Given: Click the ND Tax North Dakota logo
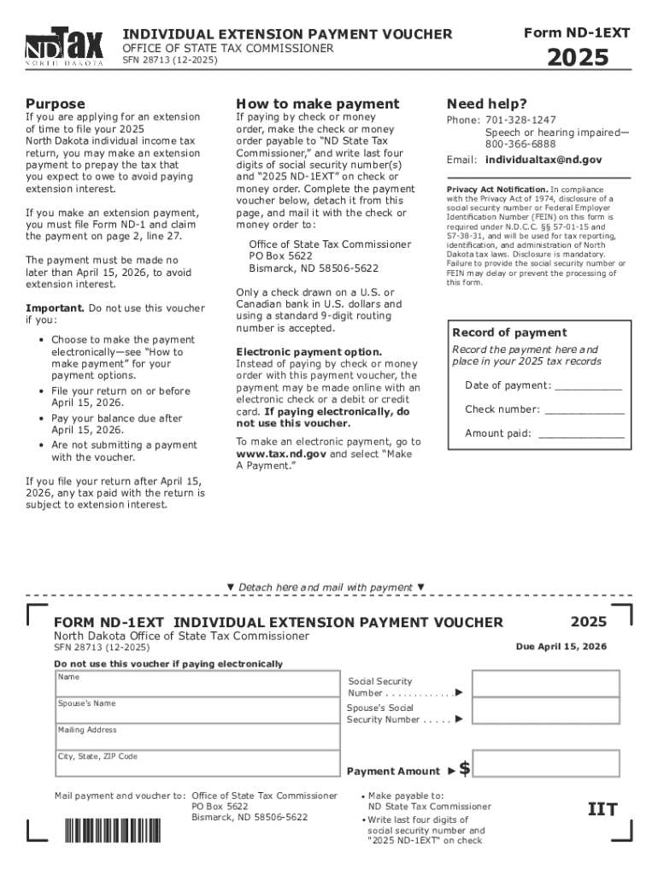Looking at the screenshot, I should [x=64, y=48].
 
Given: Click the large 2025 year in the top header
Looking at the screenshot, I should [x=578, y=57].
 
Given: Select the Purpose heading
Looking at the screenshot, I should [x=56, y=103].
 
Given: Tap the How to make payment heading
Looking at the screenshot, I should [x=317, y=103].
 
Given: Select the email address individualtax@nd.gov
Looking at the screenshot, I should [x=543, y=160].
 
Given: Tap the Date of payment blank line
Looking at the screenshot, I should [x=589, y=386].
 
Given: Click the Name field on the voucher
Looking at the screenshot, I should [x=197, y=684].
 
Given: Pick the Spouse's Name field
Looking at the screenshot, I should [x=197, y=710].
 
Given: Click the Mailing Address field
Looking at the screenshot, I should [x=197, y=737].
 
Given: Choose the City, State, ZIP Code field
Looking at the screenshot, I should [x=197, y=763].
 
